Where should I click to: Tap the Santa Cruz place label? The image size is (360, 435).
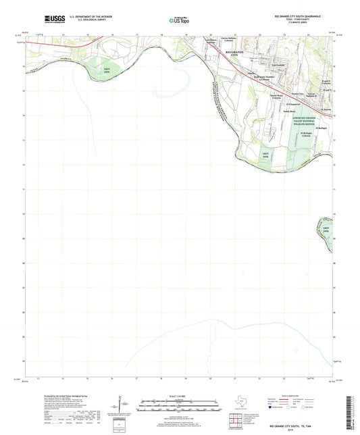point(297,94)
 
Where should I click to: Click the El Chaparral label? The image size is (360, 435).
point(293,105)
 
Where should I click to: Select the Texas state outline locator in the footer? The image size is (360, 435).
point(240,403)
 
